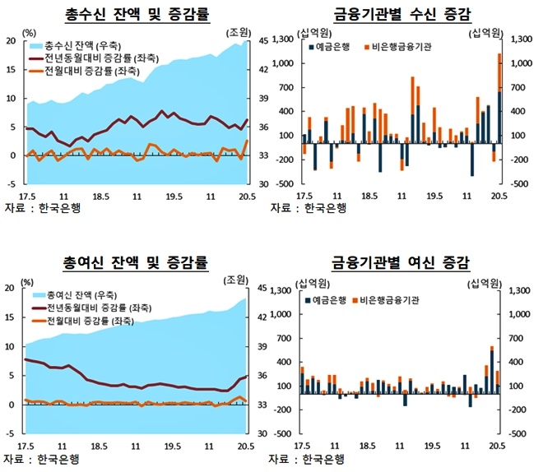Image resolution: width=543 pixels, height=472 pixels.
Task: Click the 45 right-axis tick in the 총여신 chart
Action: tap(262, 288)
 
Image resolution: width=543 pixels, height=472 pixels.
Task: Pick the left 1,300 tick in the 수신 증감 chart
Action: tap(283, 39)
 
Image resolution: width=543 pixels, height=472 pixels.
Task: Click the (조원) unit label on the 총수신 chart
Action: tap(239, 31)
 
